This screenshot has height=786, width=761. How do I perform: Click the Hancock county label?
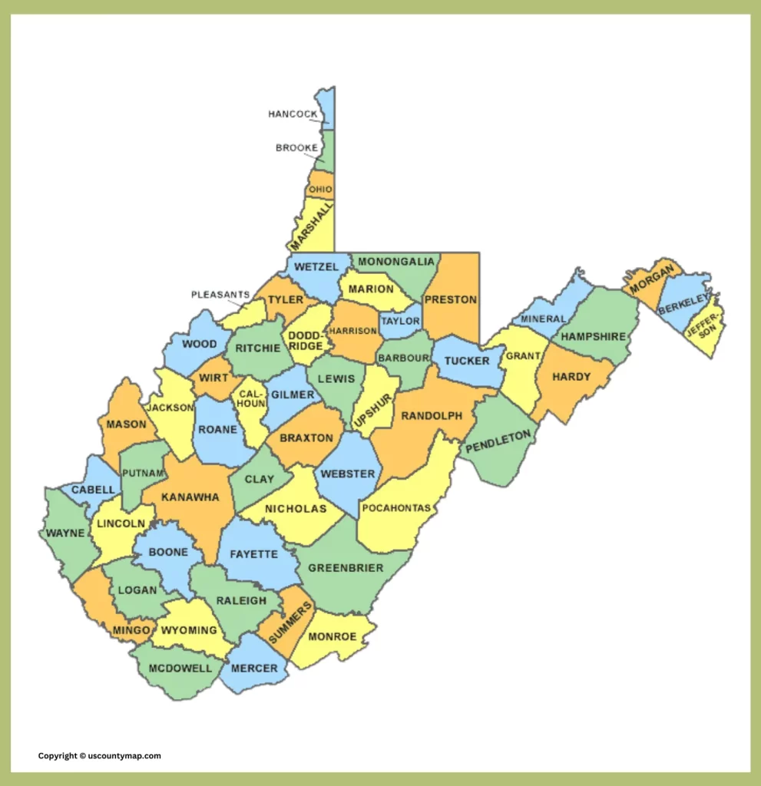tap(293, 114)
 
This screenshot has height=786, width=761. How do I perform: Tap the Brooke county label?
tap(296, 147)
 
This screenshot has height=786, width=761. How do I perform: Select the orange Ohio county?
tap(320, 189)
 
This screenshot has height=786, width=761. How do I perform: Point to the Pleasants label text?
tap(220, 294)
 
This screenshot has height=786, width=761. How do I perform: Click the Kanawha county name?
tap(190, 497)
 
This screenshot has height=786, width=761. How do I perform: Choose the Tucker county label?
tap(467, 361)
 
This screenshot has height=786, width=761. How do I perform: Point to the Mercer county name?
tap(254, 668)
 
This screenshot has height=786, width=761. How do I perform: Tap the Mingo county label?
tap(131, 630)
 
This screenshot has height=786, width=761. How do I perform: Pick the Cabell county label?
tap(93, 490)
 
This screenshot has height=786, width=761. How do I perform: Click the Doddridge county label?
tap(305, 341)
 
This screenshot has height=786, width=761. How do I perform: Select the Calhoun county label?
tap(252, 398)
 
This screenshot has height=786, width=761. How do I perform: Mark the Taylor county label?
tap(401, 321)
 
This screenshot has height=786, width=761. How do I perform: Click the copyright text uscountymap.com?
tap(100, 756)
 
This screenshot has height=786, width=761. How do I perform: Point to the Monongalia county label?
tap(396, 262)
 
